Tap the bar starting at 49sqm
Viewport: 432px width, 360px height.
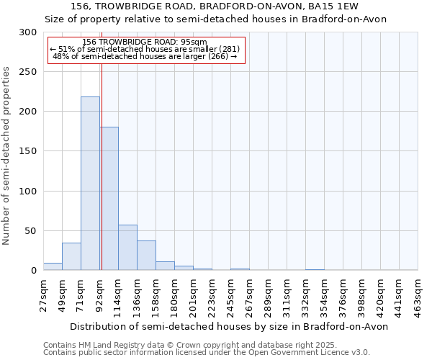71,256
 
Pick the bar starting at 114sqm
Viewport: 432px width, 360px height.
127,248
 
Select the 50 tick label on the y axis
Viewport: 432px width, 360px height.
31,231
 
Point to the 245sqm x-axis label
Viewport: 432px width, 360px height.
232,293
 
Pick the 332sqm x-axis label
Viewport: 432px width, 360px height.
307,293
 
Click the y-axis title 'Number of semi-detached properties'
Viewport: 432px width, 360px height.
6,156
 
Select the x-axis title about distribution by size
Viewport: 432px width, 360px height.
230,326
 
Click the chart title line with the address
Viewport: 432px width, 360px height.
215,6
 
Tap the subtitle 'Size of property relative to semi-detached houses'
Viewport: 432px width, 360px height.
215,19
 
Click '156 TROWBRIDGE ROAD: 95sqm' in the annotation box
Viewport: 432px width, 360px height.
145,42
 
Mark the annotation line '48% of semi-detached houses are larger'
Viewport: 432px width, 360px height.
145,56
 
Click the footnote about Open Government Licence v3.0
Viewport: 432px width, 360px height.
207,352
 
